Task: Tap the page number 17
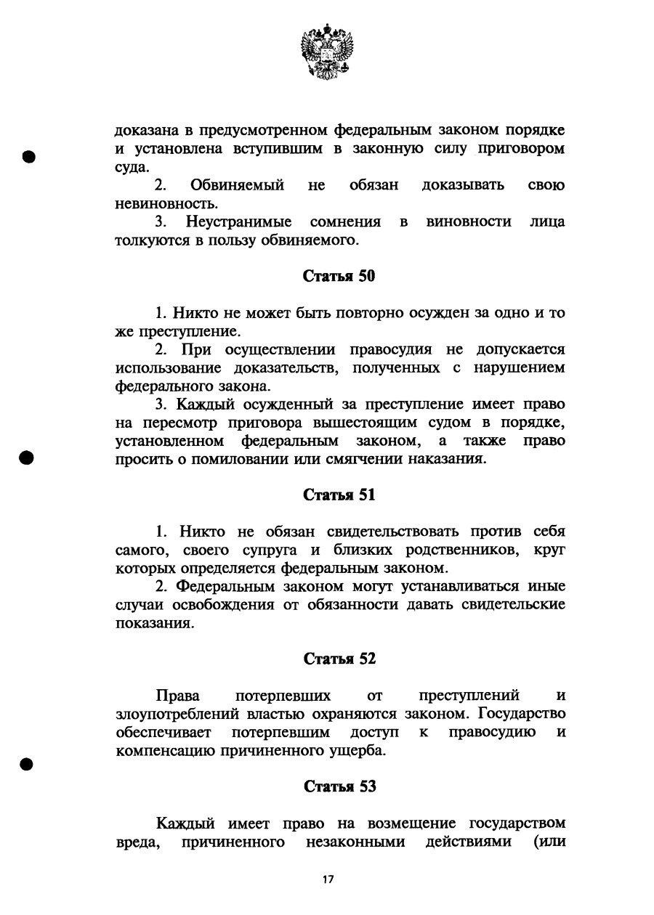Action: (328, 879)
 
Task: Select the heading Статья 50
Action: (339, 276)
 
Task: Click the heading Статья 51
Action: (339, 495)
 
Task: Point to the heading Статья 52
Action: (339, 659)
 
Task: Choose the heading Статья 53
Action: (339, 786)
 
